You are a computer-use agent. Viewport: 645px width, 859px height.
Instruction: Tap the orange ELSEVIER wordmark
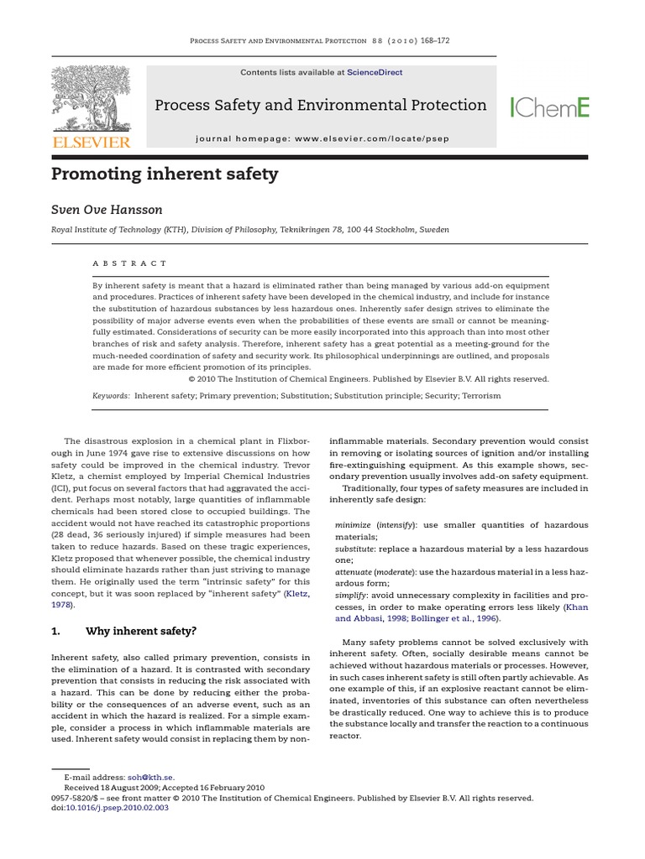[x=92, y=143]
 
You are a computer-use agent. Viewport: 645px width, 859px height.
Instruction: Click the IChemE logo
[x=549, y=107]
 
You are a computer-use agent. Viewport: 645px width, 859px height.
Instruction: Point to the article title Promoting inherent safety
[x=165, y=175]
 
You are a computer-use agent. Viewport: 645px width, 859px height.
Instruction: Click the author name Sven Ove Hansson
[x=107, y=209]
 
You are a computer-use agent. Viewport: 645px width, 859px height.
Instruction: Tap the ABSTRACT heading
[x=130, y=263]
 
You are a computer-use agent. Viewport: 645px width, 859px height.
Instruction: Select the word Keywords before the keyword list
[x=111, y=395]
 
